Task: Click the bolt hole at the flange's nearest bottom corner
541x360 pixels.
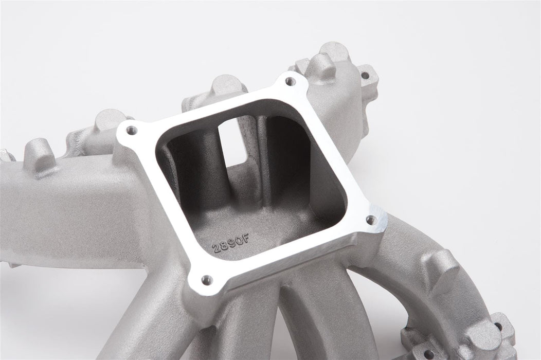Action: [207, 279]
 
